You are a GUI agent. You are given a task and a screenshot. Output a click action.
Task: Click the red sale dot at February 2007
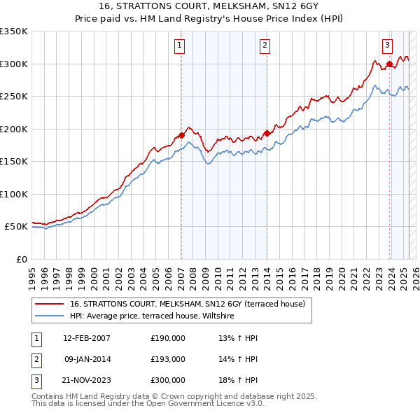(x=181, y=135)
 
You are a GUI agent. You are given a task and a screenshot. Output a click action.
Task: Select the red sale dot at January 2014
(x=267, y=133)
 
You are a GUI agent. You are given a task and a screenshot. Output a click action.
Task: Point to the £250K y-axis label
(x=13, y=96)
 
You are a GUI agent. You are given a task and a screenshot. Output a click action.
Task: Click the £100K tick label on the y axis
(x=13, y=194)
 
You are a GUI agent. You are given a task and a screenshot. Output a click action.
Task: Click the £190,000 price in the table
(x=168, y=338)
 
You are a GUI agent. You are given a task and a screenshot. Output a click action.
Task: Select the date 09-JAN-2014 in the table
(x=87, y=359)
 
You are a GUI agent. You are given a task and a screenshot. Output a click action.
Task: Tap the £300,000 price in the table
(x=168, y=380)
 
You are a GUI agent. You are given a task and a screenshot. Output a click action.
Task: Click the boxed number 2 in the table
(x=36, y=359)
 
